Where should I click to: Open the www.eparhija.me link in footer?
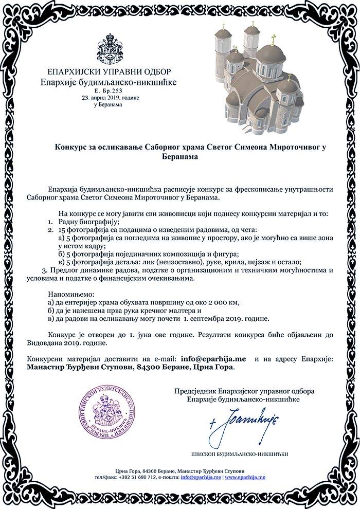(x=245, y=478)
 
